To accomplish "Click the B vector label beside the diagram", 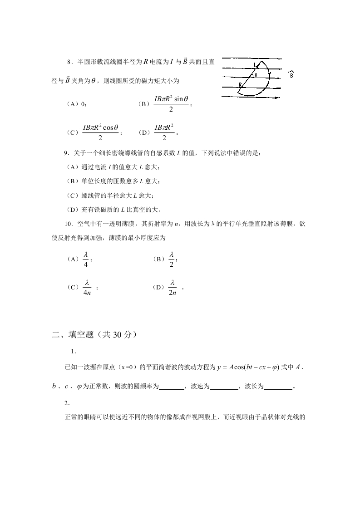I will click(291, 74).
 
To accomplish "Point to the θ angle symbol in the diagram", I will click(256, 75).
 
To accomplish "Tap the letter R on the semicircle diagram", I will click(240, 85).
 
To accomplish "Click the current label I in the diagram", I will click(255, 64).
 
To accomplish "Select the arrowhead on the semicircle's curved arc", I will click(270, 74).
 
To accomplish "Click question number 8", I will click(69, 61).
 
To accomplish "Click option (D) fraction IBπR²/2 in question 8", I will click(164, 132).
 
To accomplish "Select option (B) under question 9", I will click(113, 181).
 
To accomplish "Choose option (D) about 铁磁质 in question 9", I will click(113, 209).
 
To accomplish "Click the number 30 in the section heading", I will click(114, 335).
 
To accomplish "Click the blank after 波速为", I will click(224, 387).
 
